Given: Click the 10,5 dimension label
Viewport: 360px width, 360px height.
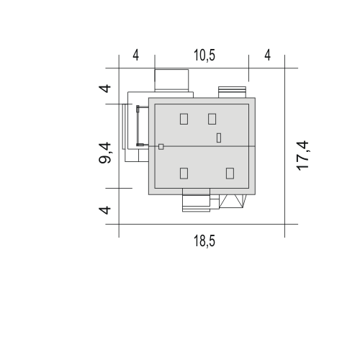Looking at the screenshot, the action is (x=204, y=55).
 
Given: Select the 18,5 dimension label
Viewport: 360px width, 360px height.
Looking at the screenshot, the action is (x=204, y=240).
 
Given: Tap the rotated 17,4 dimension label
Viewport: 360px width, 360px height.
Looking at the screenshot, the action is (x=302, y=156).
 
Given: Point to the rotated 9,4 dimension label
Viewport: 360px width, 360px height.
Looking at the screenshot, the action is (x=105, y=153).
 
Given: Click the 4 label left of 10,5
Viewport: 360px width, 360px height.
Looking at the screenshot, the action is (x=136, y=55).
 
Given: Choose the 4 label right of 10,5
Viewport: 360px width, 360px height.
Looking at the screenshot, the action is (x=268, y=55).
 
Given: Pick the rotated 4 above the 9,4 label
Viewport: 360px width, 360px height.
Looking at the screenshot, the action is (x=105, y=89).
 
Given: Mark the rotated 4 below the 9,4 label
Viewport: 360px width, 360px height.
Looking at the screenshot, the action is (x=105, y=210).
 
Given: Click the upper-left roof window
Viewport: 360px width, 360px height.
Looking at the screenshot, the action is (x=184, y=119).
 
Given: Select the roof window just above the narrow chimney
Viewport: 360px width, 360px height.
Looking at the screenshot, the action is (x=212, y=119).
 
